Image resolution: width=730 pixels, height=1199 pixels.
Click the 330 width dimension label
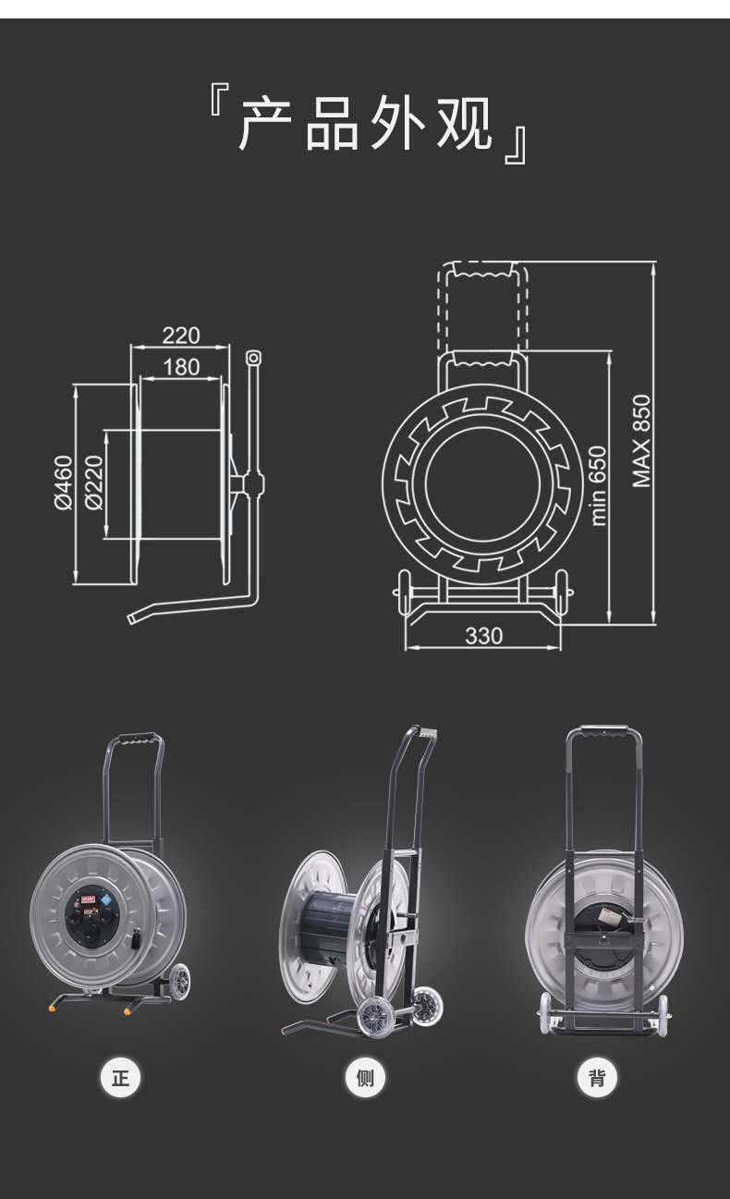point(483,636)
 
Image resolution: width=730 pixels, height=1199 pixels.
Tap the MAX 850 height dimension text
point(642,441)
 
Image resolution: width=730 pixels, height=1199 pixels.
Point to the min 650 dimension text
point(598,486)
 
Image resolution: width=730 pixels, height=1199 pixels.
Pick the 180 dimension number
point(181,367)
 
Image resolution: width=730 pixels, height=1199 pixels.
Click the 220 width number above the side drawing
point(181,336)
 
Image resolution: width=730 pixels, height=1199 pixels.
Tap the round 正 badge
point(121,1078)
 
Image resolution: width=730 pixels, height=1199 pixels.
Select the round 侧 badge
point(365,1078)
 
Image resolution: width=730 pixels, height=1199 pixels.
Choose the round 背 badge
point(597,1078)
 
